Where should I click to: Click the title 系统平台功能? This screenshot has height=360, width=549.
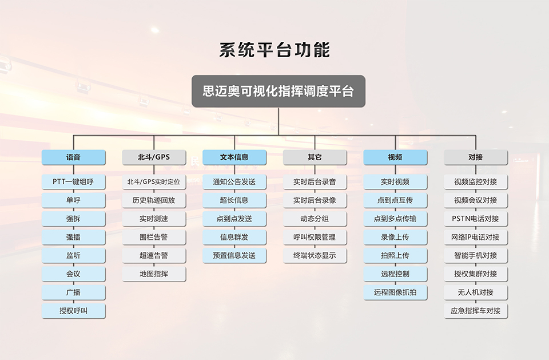[x=274, y=50]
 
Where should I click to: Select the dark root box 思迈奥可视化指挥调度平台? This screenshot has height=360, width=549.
[x=279, y=91]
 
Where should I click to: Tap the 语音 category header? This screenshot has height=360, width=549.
[x=74, y=157]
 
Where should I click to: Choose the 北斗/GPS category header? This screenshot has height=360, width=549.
[x=154, y=157]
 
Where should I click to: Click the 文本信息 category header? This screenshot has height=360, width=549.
[x=234, y=157]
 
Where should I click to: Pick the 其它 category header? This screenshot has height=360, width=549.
[x=315, y=157]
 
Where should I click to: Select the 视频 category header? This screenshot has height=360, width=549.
[x=395, y=157]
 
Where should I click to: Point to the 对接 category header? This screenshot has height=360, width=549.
[x=476, y=157]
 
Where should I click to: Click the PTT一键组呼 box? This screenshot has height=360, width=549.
[x=74, y=182]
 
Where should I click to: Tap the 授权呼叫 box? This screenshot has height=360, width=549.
[x=74, y=311]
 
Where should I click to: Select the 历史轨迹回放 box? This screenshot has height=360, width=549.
[x=154, y=200]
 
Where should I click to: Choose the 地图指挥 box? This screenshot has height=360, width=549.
[x=154, y=274]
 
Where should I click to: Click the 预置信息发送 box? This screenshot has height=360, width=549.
[x=234, y=255]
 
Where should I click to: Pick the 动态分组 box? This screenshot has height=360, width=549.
[x=315, y=219]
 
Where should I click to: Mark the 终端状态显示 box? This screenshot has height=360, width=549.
[x=315, y=255]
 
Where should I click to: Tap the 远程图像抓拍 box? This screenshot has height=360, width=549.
[x=395, y=292]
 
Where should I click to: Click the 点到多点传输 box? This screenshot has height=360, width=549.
[x=395, y=219]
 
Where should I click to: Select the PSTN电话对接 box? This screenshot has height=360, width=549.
[x=476, y=219]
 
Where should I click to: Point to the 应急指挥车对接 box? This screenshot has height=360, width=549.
[x=476, y=311]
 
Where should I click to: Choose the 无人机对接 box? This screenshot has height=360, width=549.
[x=476, y=292]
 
